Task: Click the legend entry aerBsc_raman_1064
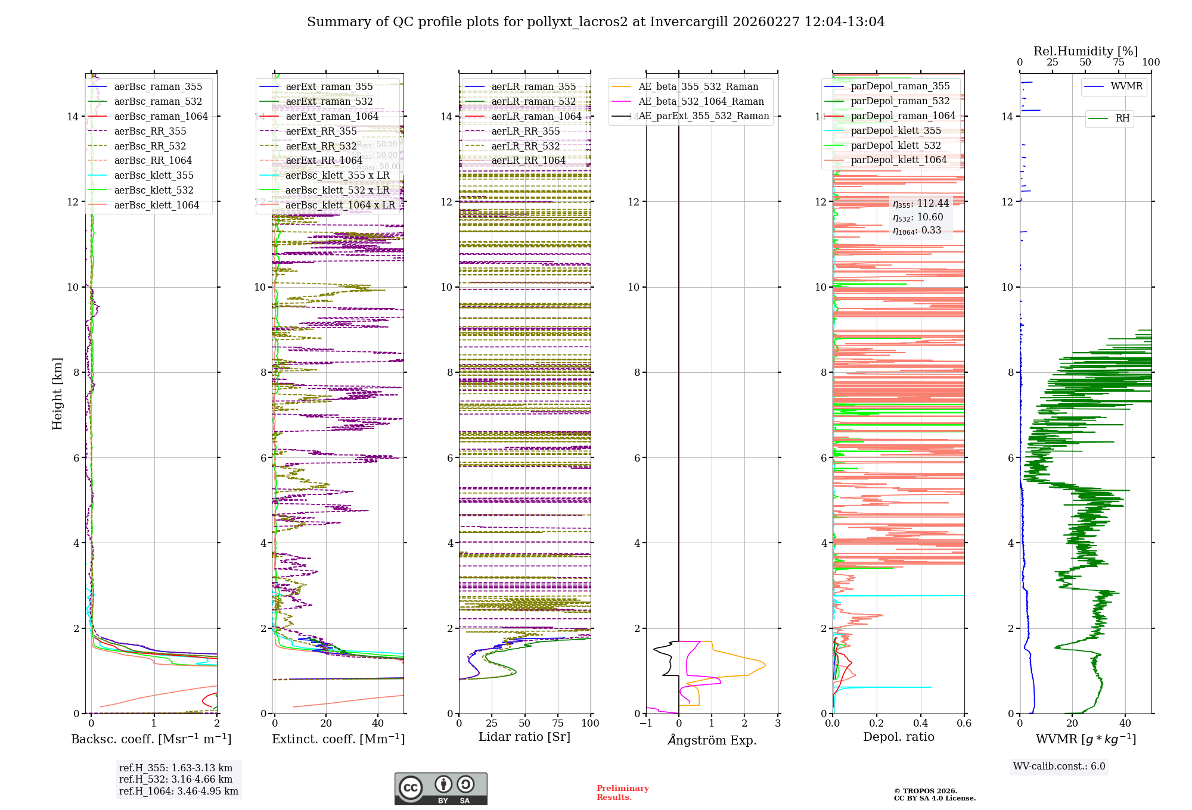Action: click(x=161, y=116)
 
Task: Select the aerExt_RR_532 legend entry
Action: click(x=321, y=146)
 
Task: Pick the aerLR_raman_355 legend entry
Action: click(x=533, y=86)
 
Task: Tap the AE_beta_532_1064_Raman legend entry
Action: click(x=701, y=101)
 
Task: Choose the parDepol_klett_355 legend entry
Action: click(x=896, y=130)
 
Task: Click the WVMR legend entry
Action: click(x=1126, y=86)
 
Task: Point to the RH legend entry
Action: click(x=1122, y=118)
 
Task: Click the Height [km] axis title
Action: click(x=57, y=393)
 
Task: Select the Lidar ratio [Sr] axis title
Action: click(x=524, y=737)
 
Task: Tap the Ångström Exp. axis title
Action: click(x=712, y=740)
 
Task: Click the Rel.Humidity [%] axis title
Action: click(x=1085, y=51)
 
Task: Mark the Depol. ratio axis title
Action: click(x=898, y=737)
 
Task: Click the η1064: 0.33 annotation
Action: click(x=917, y=230)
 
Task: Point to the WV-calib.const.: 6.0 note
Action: click(x=1059, y=767)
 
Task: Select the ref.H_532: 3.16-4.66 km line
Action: click(x=176, y=779)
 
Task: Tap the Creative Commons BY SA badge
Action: click(x=440, y=789)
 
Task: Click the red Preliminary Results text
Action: click(x=622, y=792)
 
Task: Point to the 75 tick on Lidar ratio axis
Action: click(x=558, y=723)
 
